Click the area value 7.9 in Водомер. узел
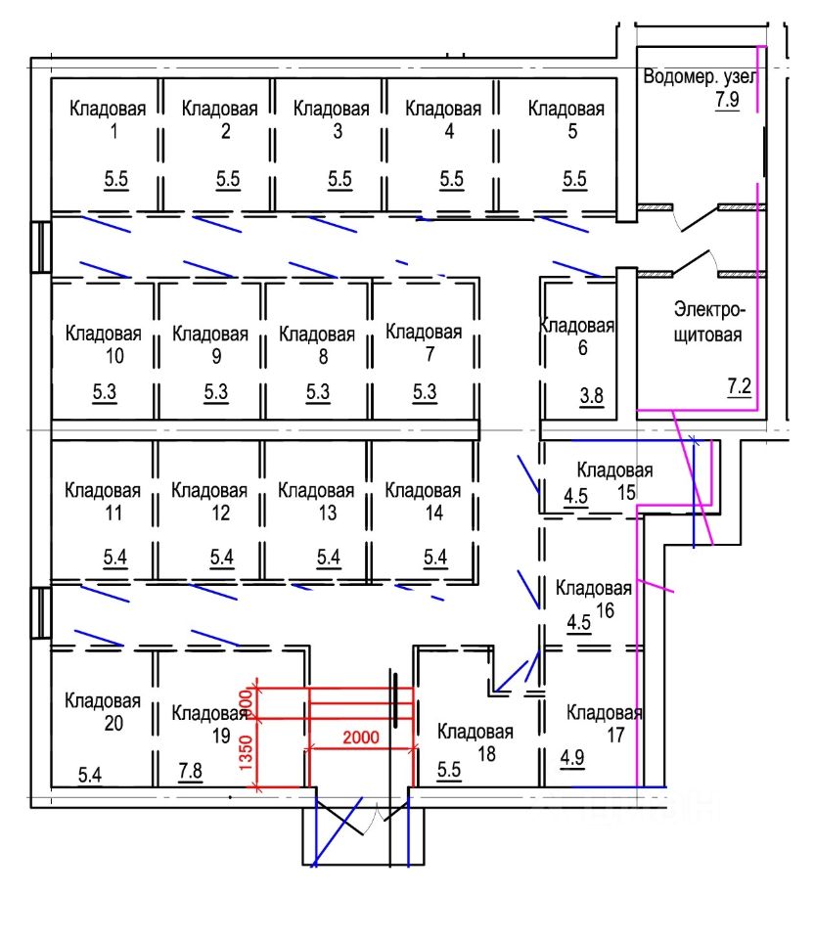[727, 100]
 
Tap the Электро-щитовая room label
[708, 322]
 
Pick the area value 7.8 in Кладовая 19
[190, 773]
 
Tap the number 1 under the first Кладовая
[115, 131]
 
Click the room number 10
[104, 355]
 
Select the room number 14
[423, 513]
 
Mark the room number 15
[626, 491]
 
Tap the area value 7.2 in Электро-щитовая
[739, 387]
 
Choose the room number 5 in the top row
[572, 131]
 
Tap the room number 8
[317, 355]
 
